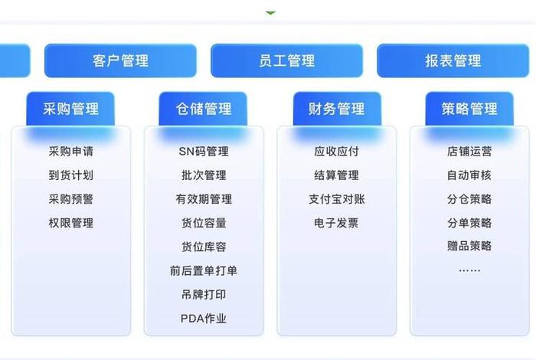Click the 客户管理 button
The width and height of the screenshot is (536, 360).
pyautogui.click(x=120, y=61)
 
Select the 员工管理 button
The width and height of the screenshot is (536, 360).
pyautogui.click(x=286, y=61)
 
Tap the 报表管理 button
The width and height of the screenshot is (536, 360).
pyautogui.click(x=453, y=61)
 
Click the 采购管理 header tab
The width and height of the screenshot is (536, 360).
pyautogui.click(x=70, y=109)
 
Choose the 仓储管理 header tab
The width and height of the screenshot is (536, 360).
pyautogui.click(x=204, y=109)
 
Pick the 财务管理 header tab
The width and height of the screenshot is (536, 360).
pyautogui.click(x=337, y=109)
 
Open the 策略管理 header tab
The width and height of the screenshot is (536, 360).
pyautogui.click(x=469, y=109)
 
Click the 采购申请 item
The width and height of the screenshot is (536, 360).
pyautogui.click(x=70, y=152)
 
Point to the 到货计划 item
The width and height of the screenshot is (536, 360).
pyautogui.click(x=70, y=175)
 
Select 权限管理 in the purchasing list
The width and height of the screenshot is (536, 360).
pyautogui.click(x=70, y=223)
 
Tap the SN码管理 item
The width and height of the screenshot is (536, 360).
pyautogui.click(x=204, y=152)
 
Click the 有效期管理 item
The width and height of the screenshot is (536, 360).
pyautogui.click(x=204, y=199)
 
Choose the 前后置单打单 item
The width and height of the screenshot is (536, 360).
pyautogui.click(x=204, y=270)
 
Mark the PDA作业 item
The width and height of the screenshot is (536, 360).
pyautogui.click(x=204, y=318)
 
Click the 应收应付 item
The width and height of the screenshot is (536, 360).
pyautogui.click(x=337, y=152)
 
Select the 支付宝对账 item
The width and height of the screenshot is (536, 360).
pyautogui.click(x=337, y=199)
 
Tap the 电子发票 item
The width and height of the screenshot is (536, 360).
pyautogui.click(x=337, y=223)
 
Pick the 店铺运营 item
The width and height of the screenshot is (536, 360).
pyautogui.click(x=469, y=152)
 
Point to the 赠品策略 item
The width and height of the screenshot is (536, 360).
pyautogui.click(x=469, y=247)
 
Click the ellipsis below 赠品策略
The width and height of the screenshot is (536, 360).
pyautogui.click(x=469, y=270)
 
